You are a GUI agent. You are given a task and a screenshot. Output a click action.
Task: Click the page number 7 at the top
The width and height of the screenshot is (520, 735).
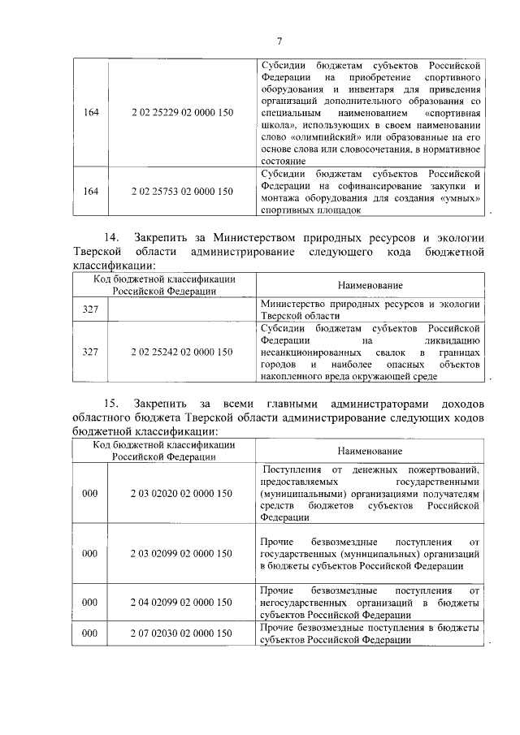click(x=279, y=41)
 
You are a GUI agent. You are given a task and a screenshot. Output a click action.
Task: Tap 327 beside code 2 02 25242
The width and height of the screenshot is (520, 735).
click(x=90, y=352)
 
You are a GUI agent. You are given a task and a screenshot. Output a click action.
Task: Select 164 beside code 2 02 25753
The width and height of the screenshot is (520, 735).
click(x=90, y=192)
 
